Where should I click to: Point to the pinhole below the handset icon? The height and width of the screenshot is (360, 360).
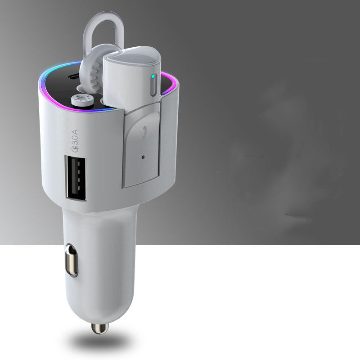[x=143, y=158]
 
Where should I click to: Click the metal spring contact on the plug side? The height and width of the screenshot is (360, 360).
[x=71, y=260]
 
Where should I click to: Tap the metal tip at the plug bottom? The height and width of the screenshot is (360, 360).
[x=99, y=328]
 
